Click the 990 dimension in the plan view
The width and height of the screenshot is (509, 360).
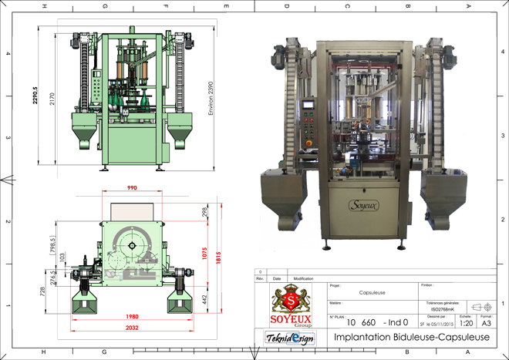(133, 187)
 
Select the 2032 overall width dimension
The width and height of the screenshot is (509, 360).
(133, 327)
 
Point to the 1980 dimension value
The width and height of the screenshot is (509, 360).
(132, 316)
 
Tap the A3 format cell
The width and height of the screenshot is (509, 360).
(487, 324)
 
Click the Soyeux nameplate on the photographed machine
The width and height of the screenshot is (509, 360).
(365, 205)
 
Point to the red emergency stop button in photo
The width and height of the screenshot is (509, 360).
(309, 145)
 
